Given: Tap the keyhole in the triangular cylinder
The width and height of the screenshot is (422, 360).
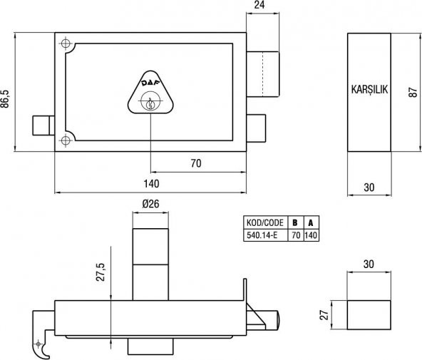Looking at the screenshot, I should [150, 105].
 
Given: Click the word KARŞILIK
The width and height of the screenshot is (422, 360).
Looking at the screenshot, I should [369, 91].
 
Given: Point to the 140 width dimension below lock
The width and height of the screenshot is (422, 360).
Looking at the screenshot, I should [150, 184].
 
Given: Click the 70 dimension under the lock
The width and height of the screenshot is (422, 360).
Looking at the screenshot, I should [195, 163].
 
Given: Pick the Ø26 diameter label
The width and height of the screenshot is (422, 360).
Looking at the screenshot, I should [150, 204].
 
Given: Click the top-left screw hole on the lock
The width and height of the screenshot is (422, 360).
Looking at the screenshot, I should [66, 44].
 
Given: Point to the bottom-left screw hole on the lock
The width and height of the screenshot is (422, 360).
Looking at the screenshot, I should [66, 140].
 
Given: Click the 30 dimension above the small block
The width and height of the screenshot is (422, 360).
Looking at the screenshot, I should [369, 264].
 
